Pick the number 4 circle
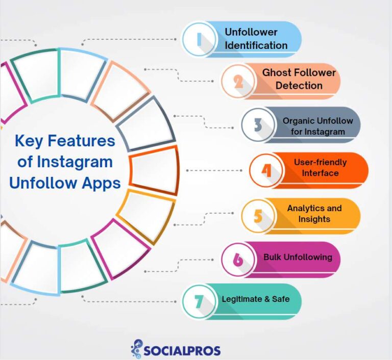[266, 169]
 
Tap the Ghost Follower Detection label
[299, 79]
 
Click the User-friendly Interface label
[320, 168]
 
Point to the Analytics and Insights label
[314, 214]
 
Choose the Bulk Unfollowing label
[298, 257]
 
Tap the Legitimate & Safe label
[255, 299]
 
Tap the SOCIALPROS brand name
[182, 350]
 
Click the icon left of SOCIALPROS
[137, 348]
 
